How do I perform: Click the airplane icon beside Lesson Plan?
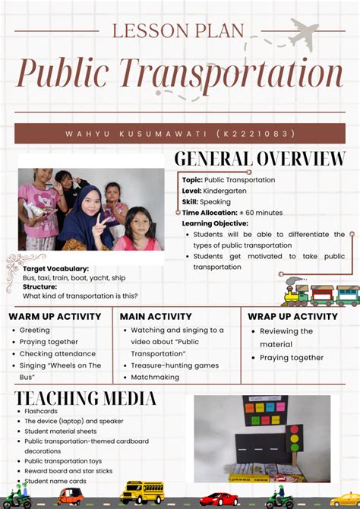[303, 33]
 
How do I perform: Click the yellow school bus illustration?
[142, 492]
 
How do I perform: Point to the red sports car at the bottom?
[219, 498]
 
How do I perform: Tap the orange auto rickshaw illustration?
[70, 496]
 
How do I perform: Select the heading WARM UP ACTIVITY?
[55, 316]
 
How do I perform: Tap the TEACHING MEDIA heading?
[86, 398]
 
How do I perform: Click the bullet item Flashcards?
[41, 411]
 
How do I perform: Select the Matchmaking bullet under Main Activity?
[155, 377]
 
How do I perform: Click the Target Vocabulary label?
[55, 268]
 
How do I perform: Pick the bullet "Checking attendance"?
[58, 354]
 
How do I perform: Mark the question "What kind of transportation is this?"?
[81, 296]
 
